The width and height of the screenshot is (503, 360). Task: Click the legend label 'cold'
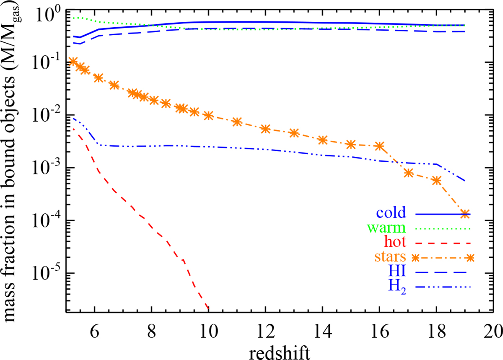(x=391, y=213)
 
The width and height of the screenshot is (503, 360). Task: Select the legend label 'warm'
(x=388, y=228)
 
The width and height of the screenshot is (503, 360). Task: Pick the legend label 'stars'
(x=389, y=258)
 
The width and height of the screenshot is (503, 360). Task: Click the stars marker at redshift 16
(x=380, y=146)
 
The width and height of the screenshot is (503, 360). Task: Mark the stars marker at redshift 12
(x=265, y=129)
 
